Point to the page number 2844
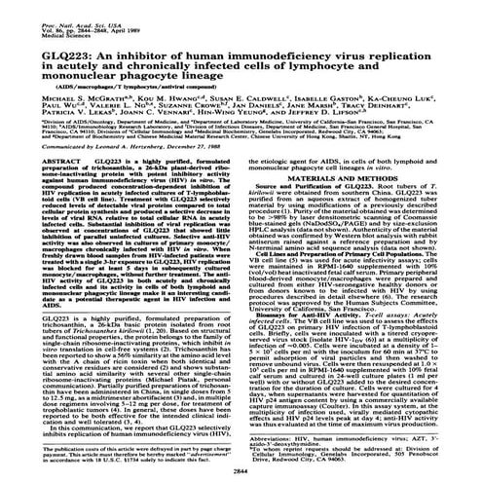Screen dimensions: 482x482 (x=240, y=468)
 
